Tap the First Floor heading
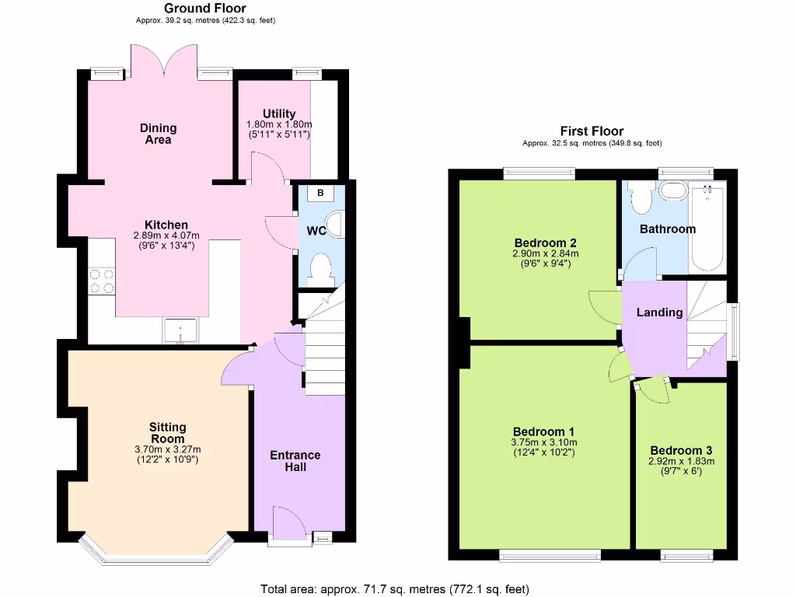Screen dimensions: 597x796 coord(592,131)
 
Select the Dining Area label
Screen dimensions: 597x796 coord(158,134)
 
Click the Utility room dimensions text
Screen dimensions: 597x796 coord(278,130)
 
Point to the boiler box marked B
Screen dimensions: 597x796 coord(320,192)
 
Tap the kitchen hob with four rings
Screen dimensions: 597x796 coord(102,281)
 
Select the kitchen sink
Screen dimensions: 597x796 coord(180,330)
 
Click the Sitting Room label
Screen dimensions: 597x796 coord(168,432)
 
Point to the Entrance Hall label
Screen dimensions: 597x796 coord(295,461)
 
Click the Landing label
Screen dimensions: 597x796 coord(660,312)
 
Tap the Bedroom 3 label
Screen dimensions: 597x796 coord(681,450)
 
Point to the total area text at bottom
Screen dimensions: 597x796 coord(394,589)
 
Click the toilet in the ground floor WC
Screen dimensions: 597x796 coord(321,269)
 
